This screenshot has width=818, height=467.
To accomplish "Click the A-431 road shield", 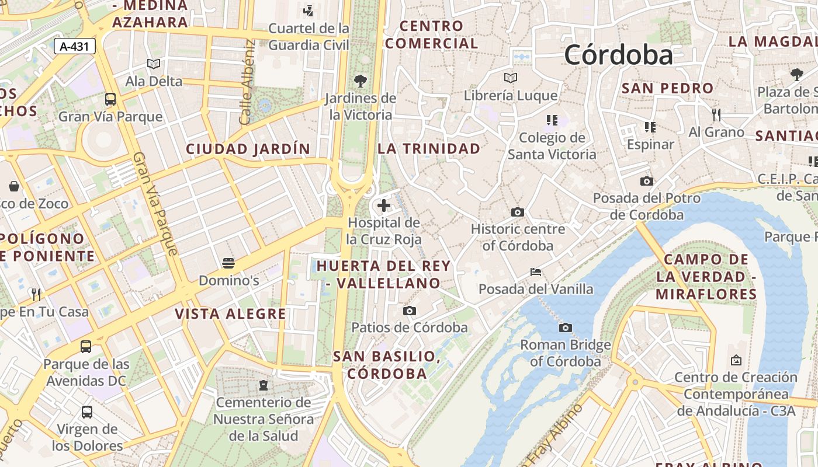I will (75, 46).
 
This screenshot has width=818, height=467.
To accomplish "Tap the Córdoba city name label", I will (618, 55).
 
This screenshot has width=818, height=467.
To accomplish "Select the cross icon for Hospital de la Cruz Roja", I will (384, 205).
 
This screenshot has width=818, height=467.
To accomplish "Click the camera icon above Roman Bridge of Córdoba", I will (565, 327).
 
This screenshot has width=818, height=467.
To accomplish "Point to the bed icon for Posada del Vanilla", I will (536, 272).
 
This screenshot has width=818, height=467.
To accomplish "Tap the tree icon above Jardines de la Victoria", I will (361, 81).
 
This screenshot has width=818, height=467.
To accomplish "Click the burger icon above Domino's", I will (228, 263).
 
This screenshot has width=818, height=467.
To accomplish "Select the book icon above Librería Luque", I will (511, 78).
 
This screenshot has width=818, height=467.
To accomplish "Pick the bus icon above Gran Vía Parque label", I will (110, 99).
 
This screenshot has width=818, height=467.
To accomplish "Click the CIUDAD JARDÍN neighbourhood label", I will (248, 149).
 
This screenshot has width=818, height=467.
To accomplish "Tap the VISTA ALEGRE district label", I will (230, 314).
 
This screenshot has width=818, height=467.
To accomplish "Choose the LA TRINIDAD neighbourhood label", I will (429, 148).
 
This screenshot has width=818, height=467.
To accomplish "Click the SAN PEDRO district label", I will (667, 88).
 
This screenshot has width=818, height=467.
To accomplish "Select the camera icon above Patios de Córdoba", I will (410, 311).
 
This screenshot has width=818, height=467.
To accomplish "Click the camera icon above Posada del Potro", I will (646, 181).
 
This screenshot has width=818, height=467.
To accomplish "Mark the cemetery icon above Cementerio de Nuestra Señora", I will (264, 385).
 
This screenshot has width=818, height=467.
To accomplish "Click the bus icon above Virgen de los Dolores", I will (87, 412).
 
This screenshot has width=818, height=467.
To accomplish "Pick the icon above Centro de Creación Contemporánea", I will (736, 360).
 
